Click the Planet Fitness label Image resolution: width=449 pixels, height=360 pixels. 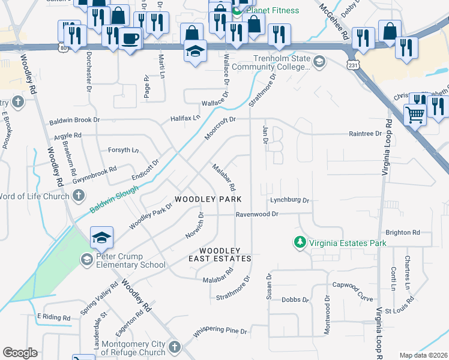tap(270, 10)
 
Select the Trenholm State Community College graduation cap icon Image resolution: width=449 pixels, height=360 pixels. tap(319, 61)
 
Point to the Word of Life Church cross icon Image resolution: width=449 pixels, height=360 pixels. tap(78, 196)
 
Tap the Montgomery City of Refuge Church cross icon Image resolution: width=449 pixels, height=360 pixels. tap(174, 347)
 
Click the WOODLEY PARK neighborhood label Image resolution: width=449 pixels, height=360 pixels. tap(208, 199)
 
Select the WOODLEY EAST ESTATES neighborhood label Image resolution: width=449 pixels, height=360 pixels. tap(220, 254)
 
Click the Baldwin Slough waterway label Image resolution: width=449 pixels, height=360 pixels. tap(114, 200)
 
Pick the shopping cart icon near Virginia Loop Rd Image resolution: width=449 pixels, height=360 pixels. tap(415, 113)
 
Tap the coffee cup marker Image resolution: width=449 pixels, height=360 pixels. tap(130, 38)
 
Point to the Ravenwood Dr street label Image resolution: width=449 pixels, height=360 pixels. tap(258, 214)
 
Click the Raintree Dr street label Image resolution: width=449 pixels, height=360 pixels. tap(366, 134)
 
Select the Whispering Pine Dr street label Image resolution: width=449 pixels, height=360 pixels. tap(220, 331)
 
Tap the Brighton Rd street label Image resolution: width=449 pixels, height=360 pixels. tap(403, 232)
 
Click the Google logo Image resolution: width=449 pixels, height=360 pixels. tap(20, 353)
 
